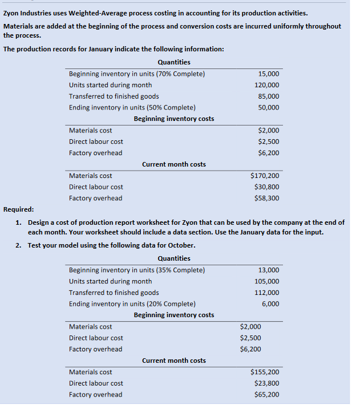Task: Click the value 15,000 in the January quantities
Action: (x=269, y=74)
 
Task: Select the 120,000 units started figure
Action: (x=267, y=85)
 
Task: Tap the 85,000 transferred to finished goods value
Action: (x=269, y=96)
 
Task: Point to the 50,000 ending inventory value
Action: (x=269, y=108)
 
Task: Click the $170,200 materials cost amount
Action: (x=265, y=176)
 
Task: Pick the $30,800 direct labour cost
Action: (x=267, y=187)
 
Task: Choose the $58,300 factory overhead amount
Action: (x=267, y=199)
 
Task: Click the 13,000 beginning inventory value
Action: (x=269, y=270)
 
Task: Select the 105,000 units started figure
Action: (x=267, y=281)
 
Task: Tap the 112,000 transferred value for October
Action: (x=267, y=293)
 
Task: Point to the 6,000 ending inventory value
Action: (x=270, y=304)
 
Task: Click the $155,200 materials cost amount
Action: (x=265, y=372)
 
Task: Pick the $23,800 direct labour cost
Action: (x=267, y=383)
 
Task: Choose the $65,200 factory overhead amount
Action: (x=267, y=395)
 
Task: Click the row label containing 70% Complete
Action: (x=136, y=74)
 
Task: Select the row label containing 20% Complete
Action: (x=132, y=304)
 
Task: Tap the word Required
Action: (x=18, y=209)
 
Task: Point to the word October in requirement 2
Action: (x=181, y=245)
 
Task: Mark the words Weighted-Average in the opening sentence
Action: (x=94, y=13)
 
